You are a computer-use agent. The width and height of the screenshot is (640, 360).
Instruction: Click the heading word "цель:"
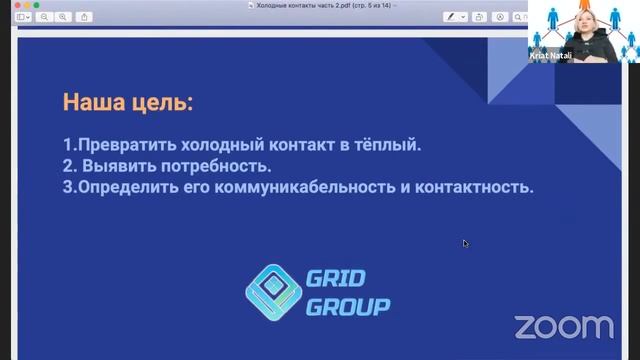(163, 102)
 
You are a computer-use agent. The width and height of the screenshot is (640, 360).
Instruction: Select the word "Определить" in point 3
(119, 187)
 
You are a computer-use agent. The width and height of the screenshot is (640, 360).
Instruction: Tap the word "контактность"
(479, 187)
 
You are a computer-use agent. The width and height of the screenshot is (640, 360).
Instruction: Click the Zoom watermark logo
(563, 326)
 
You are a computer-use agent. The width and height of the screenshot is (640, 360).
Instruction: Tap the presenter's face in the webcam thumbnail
(587, 24)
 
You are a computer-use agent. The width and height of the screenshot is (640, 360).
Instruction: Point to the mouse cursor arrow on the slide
(465, 242)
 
